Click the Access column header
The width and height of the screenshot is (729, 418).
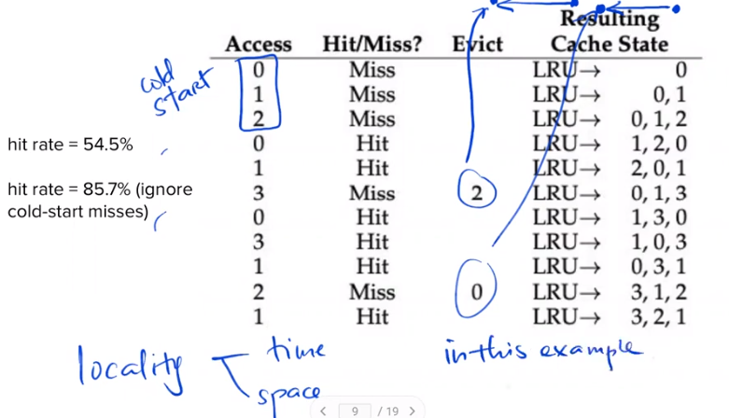click(259, 44)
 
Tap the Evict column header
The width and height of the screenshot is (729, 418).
click(477, 44)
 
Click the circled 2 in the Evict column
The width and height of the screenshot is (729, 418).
click(477, 193)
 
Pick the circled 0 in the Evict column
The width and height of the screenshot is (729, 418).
click(477, 292)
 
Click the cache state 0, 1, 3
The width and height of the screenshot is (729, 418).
click(658, 193)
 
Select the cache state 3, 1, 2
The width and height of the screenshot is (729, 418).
click(658, 292)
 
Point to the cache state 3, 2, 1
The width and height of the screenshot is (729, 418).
click(658, 317)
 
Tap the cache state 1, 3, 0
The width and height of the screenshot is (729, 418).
click(658, 217)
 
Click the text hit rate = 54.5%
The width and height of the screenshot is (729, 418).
click(70, 145)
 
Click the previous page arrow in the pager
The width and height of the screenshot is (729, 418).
click(323, 411)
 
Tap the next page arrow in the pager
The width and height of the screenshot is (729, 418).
click(412, 411)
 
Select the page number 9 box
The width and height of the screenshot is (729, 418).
click(354, 411)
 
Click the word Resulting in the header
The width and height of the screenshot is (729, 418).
click(609, 19)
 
